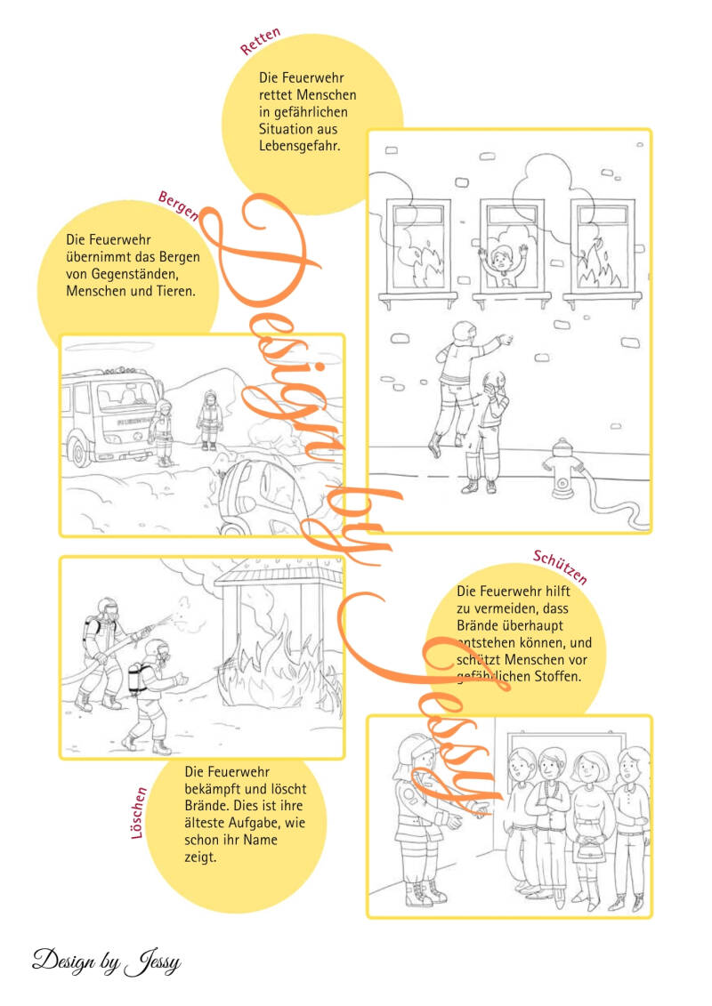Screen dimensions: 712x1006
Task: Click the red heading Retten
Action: [260, 41]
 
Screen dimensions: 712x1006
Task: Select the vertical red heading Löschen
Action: [139, 813]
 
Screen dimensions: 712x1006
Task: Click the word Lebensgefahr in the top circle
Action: [299, 146]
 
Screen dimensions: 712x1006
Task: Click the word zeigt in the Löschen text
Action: [200, 857]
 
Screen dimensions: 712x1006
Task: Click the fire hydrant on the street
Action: [562, 469]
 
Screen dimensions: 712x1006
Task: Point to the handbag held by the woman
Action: [587, 850]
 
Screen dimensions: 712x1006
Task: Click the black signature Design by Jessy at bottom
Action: [107, 962]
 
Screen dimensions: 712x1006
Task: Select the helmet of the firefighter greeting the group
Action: [414, 749]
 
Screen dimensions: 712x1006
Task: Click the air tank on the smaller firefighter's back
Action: [134, 680]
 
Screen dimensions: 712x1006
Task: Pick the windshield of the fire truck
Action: [125, 396]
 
